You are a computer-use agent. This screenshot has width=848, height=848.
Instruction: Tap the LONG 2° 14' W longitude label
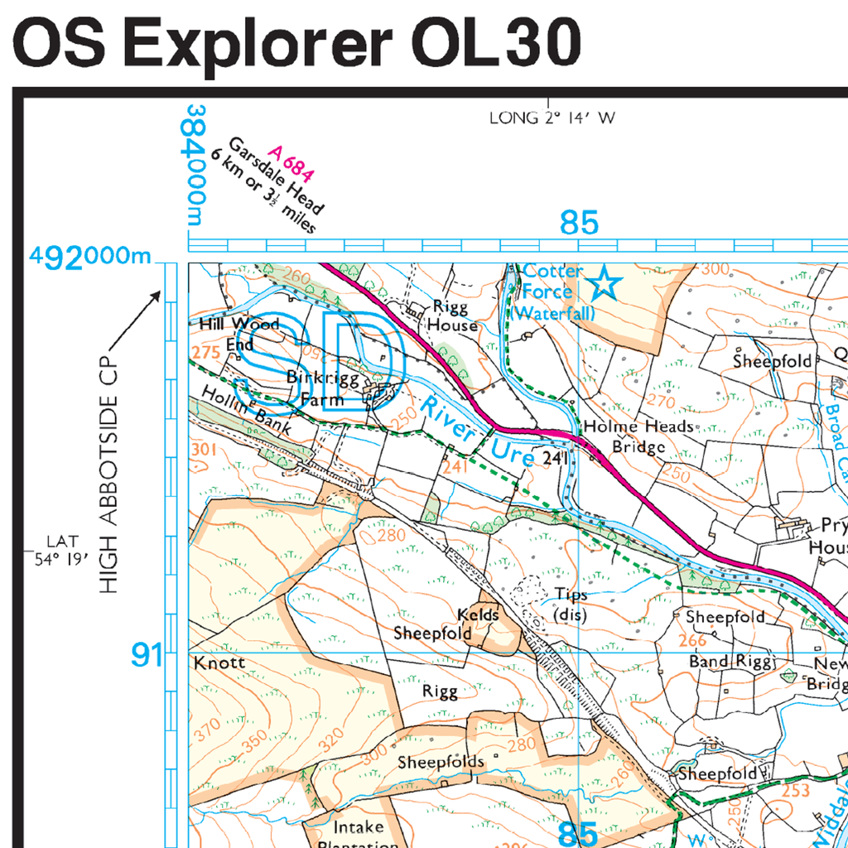552,118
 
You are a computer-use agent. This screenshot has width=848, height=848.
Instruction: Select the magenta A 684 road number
291,164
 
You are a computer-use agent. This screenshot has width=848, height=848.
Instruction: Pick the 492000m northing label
91,257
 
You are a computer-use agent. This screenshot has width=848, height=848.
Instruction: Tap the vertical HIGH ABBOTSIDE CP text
109,464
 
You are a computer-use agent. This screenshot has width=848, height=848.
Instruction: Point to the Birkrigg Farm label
315,388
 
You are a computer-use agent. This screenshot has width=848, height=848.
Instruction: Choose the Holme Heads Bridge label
638,436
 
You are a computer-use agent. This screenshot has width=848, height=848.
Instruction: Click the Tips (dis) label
570,605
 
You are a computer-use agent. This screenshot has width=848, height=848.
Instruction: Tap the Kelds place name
479,614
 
